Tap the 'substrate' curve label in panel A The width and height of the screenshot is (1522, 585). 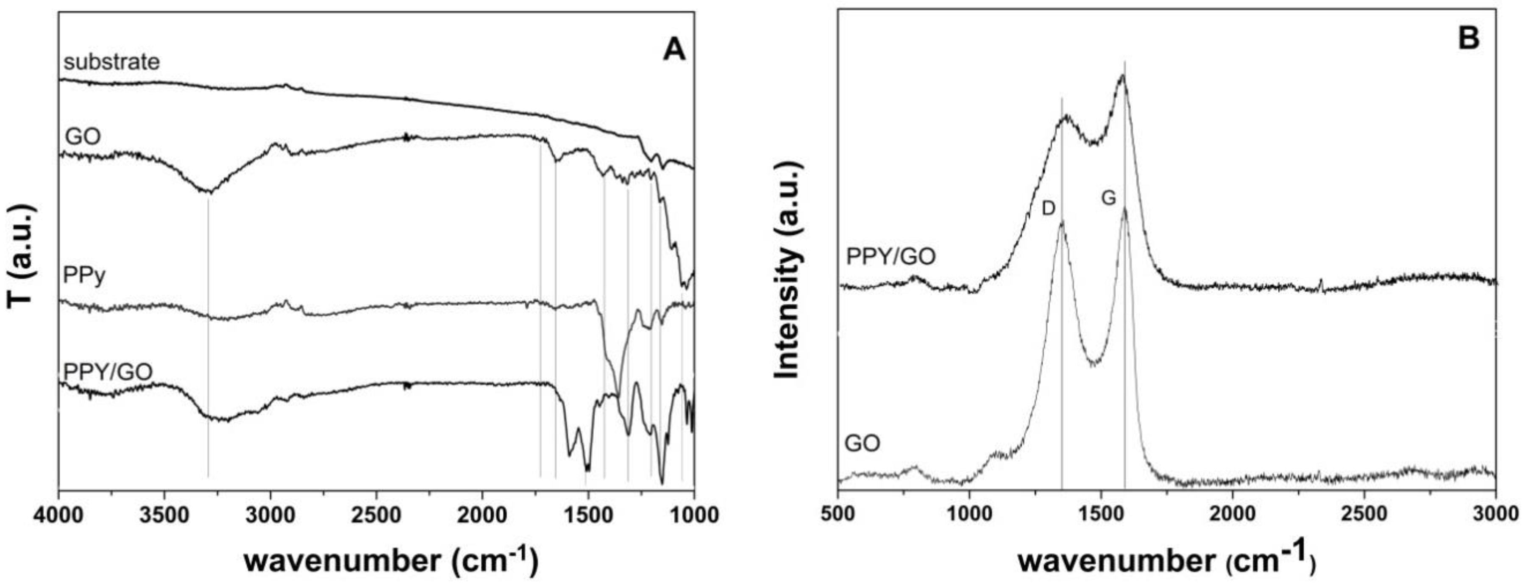click(111, 61)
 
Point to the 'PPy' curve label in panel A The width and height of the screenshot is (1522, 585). click(84, 276)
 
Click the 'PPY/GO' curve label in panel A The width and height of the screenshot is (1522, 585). click(108, 372)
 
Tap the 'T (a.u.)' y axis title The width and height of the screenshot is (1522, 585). click(19, 257)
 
